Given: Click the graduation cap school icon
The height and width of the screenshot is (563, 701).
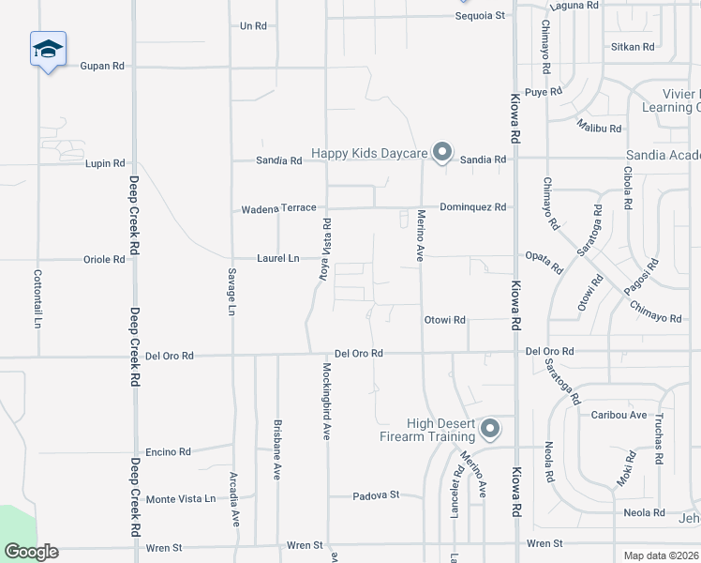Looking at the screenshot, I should (x=48, y=50).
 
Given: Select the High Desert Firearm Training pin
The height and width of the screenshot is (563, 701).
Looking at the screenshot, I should (x=489, y=430).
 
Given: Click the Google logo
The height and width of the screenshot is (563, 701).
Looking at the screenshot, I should (x=31, y=552).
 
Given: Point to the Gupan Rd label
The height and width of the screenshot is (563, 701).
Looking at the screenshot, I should (x=102, y=67).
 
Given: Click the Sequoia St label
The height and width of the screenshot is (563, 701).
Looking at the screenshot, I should (x=480, y=16).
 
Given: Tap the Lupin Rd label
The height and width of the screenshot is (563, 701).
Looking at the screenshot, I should (x=105, y=163).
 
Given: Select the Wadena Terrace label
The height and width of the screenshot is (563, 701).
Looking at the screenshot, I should (x=278, y=208).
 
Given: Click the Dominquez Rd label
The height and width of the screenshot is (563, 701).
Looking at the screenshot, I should (x=473, y=207).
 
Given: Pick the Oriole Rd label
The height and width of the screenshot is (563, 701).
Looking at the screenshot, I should (x=104, y=260).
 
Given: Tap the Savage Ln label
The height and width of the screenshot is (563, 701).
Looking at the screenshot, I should (x=231, y=290).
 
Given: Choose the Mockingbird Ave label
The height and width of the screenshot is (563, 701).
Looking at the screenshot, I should (x=327, y=401).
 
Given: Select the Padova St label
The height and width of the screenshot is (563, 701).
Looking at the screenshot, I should (x=376, y=495).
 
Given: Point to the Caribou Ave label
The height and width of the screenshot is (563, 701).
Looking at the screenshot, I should (x=619, y=415).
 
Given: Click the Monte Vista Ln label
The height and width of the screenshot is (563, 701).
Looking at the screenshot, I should (x=181, y=499).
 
